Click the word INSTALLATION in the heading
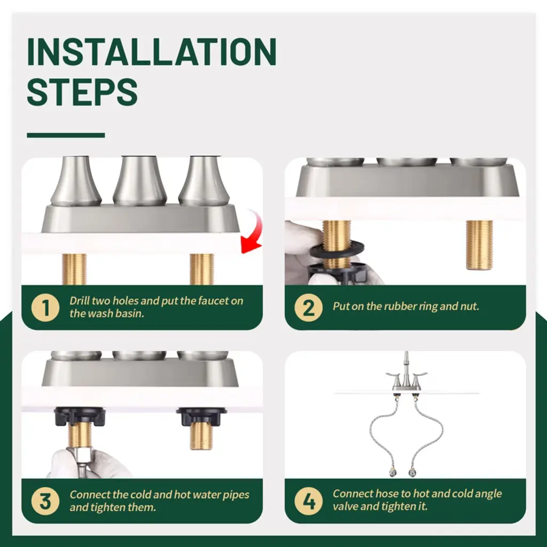[152, 52]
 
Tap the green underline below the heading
[66, 135]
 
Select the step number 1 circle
[45, 307]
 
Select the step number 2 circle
[308, 307]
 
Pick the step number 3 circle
[45, 501]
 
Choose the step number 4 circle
[308, 501]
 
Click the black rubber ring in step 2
[337, 249]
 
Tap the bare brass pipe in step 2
[479, 245]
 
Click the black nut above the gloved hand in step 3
[80, 417]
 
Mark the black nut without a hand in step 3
[201, 417]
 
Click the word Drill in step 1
[80, 300]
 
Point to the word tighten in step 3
[107, 507]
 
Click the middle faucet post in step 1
[140, 181]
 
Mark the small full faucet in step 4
[406, 373]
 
